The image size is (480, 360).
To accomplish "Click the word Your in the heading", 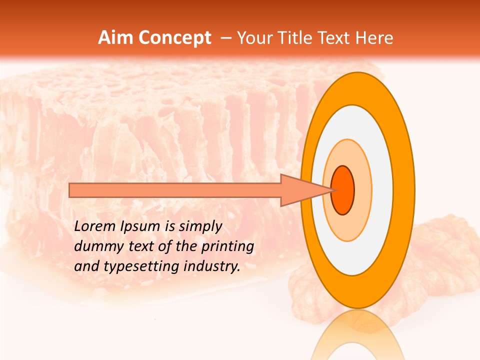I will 255,38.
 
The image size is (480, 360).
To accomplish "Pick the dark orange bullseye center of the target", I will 342,190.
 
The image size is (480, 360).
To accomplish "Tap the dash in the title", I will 225,38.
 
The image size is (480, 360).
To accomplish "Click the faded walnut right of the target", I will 440,260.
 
